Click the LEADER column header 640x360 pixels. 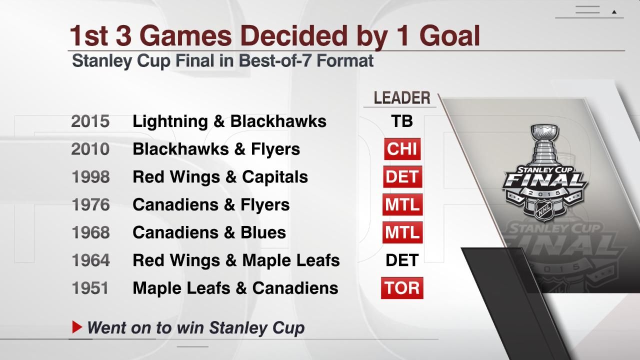click(x=402, y=98)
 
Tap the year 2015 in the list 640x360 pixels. click(x=90, y=121)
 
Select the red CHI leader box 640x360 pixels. click(x=402, y=149)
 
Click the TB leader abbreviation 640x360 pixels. click(x=402, y=121)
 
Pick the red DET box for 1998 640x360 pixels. click(x=402, y=177)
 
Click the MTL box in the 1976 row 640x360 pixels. click(x=402, y=205)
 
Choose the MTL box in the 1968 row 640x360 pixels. click(x=402, y=232)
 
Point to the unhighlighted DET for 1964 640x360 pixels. click(x=402, y=260)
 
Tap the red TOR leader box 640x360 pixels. click(x=402, y=288)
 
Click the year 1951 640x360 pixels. click(x=90, y=288)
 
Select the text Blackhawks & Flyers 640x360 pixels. click(x=216, y=149)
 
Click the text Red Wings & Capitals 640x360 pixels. click(x=220, y=177)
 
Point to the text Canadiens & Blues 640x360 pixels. click(x=209, y=232)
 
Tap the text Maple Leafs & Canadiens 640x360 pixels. click(x=235, y=288)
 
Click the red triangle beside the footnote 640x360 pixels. click(x=77, y=327)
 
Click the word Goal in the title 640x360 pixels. click(x=449, y=36)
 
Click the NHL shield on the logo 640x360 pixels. click(x=543, y=210)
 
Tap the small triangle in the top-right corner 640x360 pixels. click(x=614, y=11)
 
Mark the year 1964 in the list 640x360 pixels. click(x=90, y=260)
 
